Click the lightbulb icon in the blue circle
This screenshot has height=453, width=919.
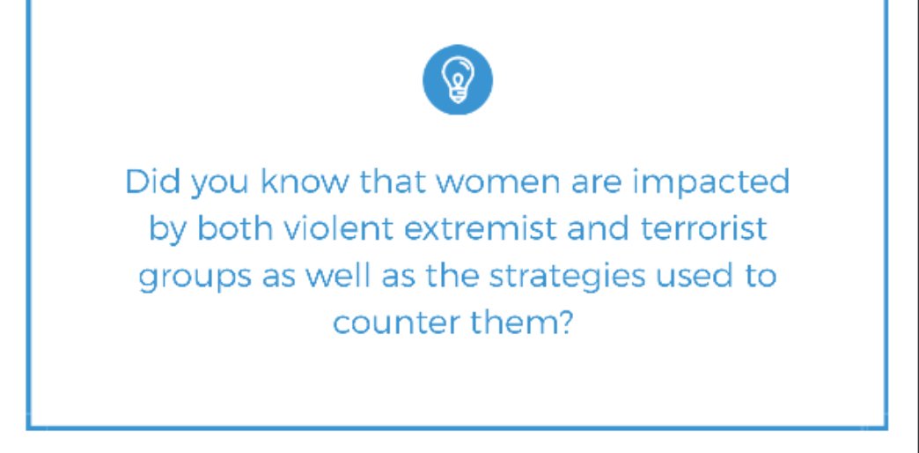pos(457,80)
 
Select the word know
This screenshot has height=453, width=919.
pos(303,182)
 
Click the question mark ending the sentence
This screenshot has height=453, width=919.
pos(568,323)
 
